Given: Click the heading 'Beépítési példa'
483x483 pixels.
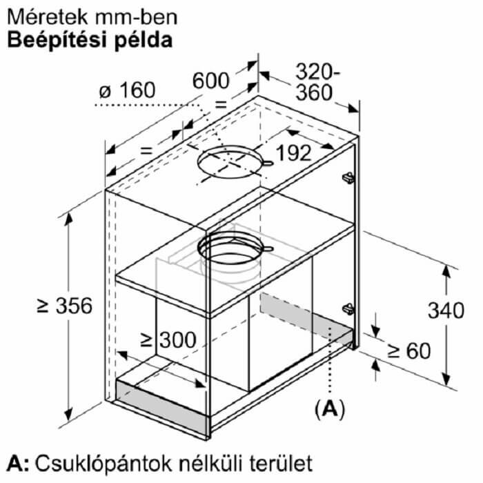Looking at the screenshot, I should coord(90,41).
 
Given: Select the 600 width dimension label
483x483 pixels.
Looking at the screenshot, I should coord(210,81).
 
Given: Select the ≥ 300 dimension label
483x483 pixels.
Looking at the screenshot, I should coord(168,339).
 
